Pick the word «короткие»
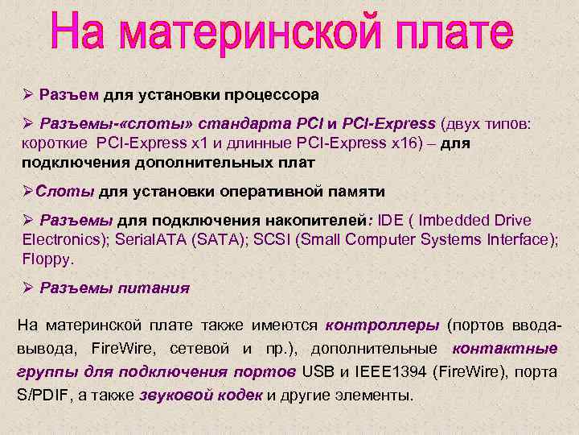click(x=55, y=143)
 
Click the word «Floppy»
click(x=47, y=259)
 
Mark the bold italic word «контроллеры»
click(x=382, y=325)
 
